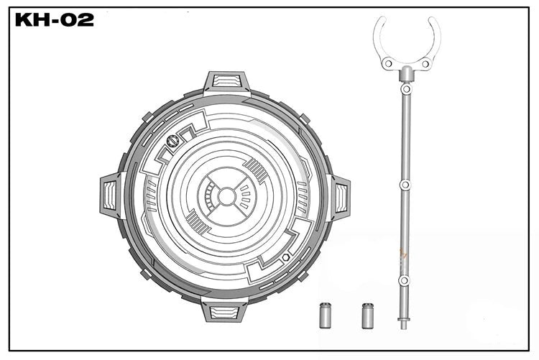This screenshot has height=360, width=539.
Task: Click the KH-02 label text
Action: (55, 20)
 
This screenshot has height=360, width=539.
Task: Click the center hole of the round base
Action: (226, 196)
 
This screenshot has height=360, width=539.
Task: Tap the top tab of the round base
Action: (226, 83)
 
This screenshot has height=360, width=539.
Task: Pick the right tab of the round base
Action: (339, 197)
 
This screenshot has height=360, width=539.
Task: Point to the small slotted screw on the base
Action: (172, 142)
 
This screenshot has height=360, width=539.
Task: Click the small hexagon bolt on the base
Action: (285, 257)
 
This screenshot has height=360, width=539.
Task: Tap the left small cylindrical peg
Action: (326, 315)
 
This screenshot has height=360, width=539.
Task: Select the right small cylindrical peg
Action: (368, 315)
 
